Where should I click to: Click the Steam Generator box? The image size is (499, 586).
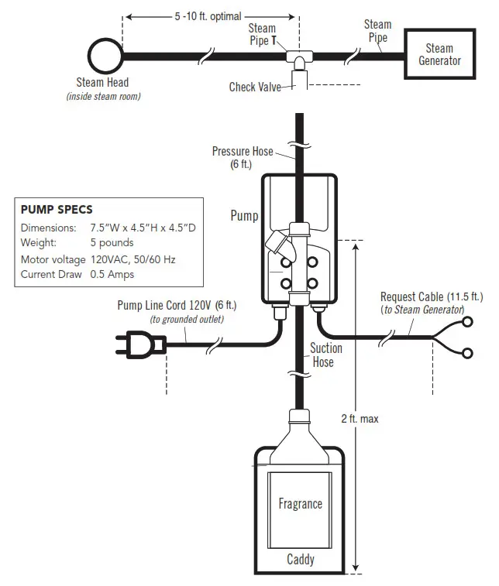tap(439, 54)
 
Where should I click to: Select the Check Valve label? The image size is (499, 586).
tap(255, 87)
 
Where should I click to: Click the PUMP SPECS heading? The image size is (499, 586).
tap(57, 210)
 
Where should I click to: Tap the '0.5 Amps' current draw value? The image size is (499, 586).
tap(112, 274)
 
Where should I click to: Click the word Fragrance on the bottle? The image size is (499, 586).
tap(300, 504)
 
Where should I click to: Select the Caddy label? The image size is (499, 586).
tap(301, 559)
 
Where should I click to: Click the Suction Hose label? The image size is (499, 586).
tap(327, 355)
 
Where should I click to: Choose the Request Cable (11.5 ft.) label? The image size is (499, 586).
tap(431, 297)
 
